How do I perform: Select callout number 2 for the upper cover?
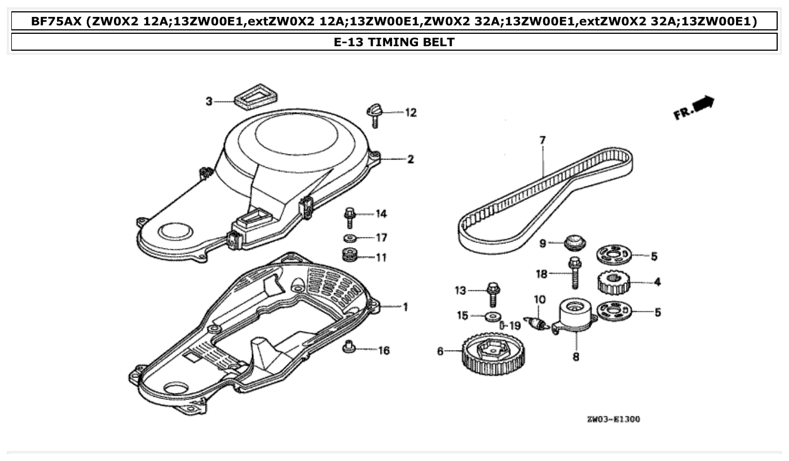[411, 159]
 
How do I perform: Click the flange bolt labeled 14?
[349, 217]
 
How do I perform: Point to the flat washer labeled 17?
[349, 238]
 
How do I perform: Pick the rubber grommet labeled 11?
[351, 255]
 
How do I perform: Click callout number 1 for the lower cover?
[404, 307]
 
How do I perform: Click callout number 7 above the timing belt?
[543, 140]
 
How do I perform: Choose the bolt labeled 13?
[493, 292]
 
